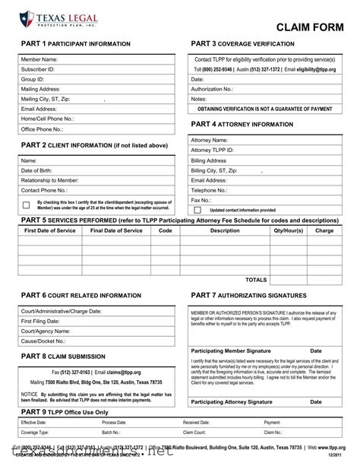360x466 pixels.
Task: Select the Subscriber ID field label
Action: point(38,69)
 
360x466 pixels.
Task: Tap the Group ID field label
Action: point(33,79)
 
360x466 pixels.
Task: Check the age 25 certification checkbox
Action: point(26,205)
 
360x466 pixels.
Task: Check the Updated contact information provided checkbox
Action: point(197,210)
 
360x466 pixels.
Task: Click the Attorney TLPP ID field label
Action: point(212,151)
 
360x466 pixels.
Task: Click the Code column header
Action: point(165,230)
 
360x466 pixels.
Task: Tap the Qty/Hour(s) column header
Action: point(288,230)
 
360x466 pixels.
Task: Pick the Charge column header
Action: point(324,230)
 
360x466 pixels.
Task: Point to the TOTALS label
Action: point(256,280)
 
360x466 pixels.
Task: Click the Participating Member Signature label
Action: point(231,350)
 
